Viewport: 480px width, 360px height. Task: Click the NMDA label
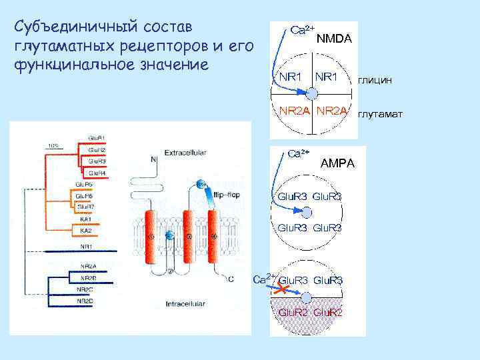334,39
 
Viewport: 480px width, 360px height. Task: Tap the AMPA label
338,163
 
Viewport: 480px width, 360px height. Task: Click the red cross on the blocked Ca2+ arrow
282,291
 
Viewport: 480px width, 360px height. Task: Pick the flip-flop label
226,195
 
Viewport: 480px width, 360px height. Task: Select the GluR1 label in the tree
97,138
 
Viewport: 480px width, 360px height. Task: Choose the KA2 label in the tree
86,231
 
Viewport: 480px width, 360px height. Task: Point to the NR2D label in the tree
85,301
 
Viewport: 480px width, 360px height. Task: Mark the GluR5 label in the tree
83,184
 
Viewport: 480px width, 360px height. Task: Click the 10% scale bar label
53,145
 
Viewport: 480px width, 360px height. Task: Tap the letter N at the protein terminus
153,159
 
